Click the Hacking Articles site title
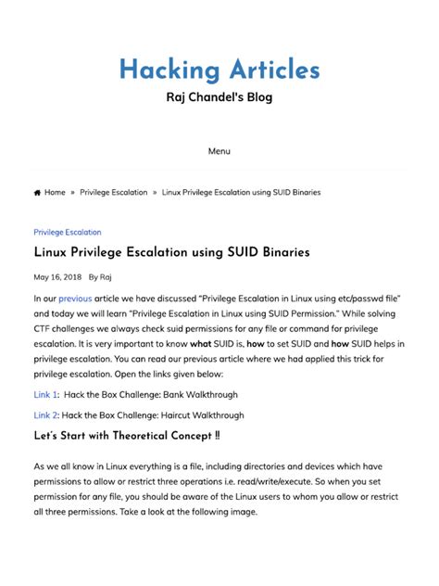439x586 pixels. pyautogui.click(x=219, y=70)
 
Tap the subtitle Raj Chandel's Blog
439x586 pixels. pyautogui.click(x=219, y=97)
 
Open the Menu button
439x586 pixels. pyautogui.click(x=219, y=151)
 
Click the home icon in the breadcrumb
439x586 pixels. pyautogui.click(x=37, y=193)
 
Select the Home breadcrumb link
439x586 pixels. pyautogui.click(x=55, y=193)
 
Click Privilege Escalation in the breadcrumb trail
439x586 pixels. pyautogui.click(x=114, y=193)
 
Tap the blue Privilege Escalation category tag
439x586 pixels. pyautogui.click(x=68, y=232)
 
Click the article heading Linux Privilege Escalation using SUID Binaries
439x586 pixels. pyautogui.click(x=171, y=252)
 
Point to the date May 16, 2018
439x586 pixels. pyautogui.click(x=57, y=276)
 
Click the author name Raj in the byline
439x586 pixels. pyautogui.click(x=106, y=276)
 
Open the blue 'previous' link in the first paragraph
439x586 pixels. pyautogui.click(x=75, y=299)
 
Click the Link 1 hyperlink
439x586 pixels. pyautogui.click(x=46, y=394)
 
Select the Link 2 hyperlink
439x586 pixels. pyautogui.click(x=46, y=415)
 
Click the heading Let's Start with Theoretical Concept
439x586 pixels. pyautogui.click(x=127, y=436)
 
